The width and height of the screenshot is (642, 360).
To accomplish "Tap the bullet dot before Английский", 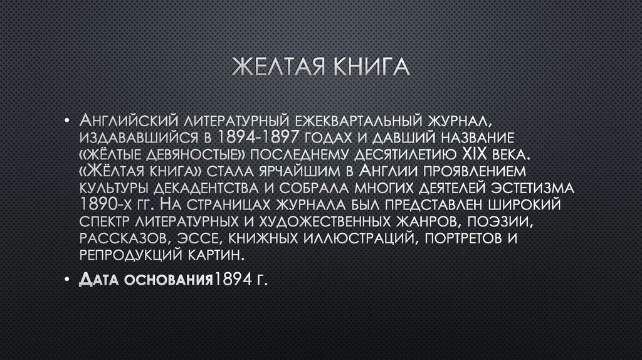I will [x=66, y=120].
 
